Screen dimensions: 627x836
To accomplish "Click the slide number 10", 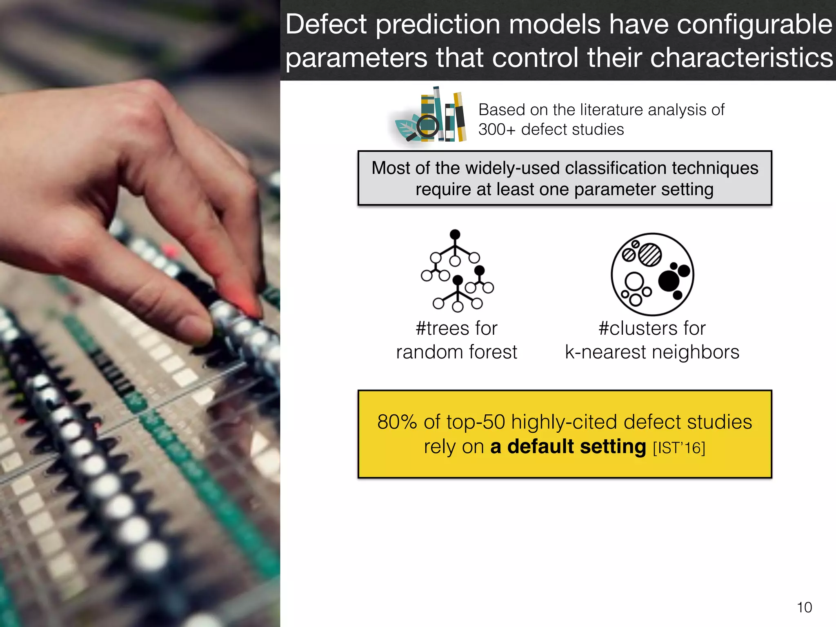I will [804, 607].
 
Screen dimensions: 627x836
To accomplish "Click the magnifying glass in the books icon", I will [427, 127].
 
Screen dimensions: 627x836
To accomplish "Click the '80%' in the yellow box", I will [396, 422].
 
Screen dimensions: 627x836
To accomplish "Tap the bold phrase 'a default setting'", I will [568, 447].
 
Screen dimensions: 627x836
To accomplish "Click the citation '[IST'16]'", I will [679, 448].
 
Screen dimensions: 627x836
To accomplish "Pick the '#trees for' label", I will [456, 329].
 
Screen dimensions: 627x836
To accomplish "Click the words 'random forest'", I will [456, 352].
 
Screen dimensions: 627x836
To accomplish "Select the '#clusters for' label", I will [652, 329].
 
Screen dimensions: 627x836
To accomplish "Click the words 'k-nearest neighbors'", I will [652, 352].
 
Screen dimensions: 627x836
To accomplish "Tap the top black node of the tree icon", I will [455, 234].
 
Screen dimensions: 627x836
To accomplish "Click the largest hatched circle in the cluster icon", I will [649, 255].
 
